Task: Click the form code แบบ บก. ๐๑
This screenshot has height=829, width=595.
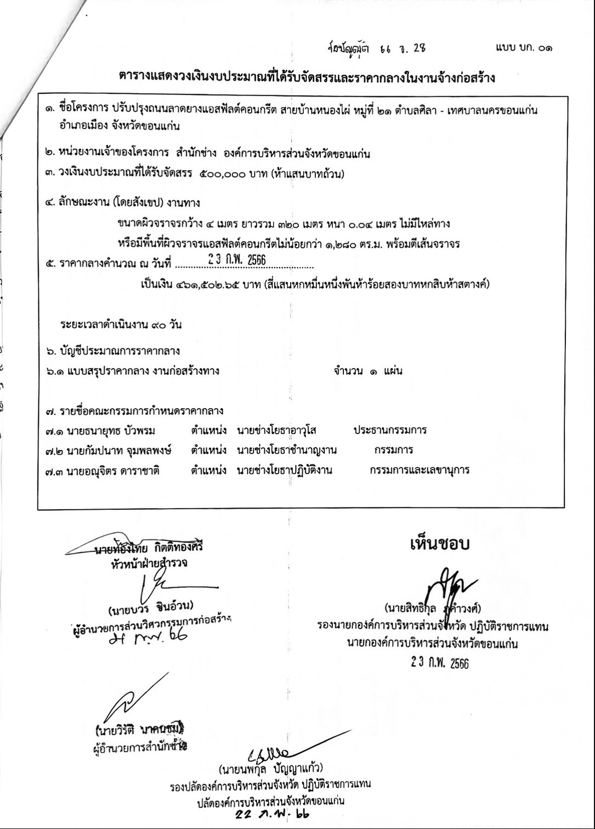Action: (x=523, y=48)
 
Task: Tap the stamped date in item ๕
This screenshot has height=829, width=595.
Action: (x=237, y=260)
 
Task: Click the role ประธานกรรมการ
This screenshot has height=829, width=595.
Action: (x=390, y=430)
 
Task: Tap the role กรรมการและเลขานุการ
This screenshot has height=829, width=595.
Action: (x=420, y=470)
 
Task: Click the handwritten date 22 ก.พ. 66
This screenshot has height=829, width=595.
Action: (x=271, y=814)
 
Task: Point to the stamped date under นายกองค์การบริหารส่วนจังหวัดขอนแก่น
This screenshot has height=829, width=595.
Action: (x=440, y=663)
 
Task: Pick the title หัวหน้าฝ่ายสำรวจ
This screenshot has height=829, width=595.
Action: (x=149, y=563)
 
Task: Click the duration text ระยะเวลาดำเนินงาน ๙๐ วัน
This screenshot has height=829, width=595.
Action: (x=121, y=325)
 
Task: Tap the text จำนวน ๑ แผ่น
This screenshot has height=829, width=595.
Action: (x=367, y=371)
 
